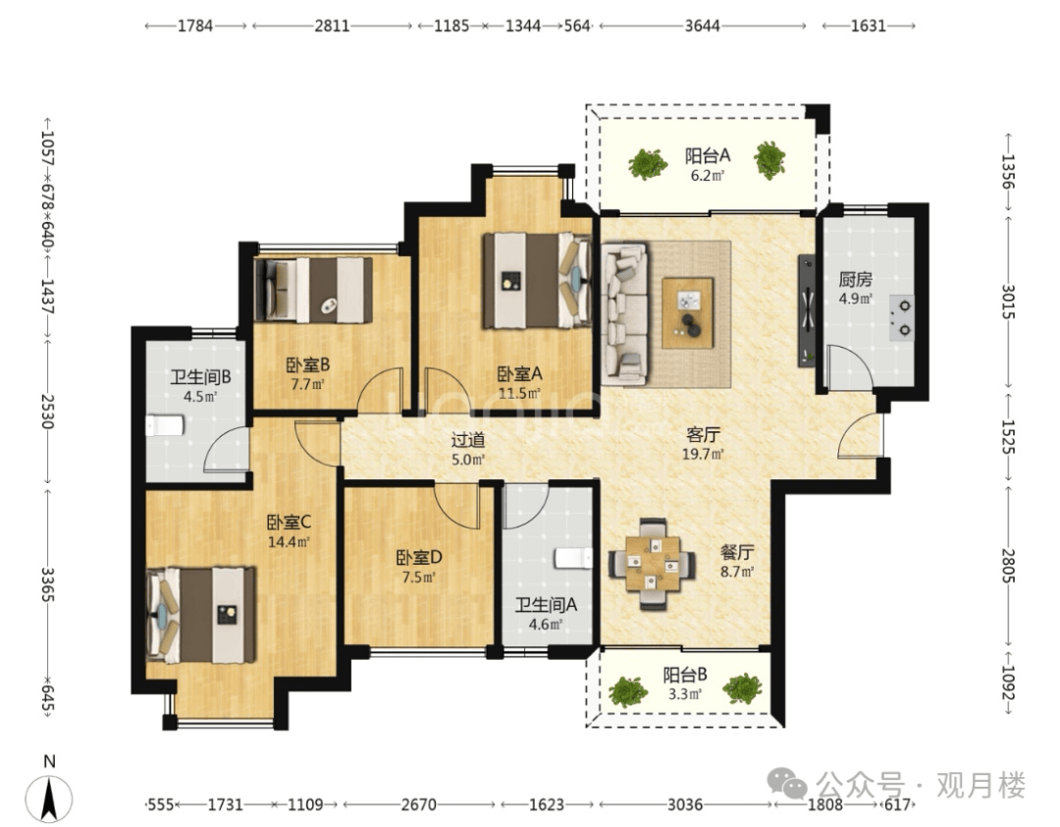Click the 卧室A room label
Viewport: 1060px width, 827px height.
tap(519, 373)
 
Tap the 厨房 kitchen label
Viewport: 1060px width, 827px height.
tap(855, 279)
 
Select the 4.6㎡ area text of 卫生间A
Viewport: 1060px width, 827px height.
tap(546, 624)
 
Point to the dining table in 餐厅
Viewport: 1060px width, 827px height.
tap(653, 564)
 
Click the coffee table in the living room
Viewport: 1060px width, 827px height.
tap(687, 312)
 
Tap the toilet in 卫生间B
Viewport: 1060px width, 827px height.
tap(165, 425)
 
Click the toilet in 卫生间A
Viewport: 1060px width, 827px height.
tap(574, 558)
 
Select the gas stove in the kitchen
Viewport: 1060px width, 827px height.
tap(901, 317)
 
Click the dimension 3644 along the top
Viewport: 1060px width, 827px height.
tap(703, 26)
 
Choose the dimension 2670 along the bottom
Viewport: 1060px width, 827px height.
tap(418, 804)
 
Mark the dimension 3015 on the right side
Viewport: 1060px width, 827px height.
tap(1008, 303)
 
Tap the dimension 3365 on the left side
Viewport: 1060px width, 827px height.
tap(47, 584)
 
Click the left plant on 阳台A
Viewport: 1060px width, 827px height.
tap(648, 163)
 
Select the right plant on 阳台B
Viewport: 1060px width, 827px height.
tap(742, 689)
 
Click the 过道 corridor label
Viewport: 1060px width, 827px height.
tap(468, 440)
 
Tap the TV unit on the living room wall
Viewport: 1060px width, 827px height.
tap(807, 310)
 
